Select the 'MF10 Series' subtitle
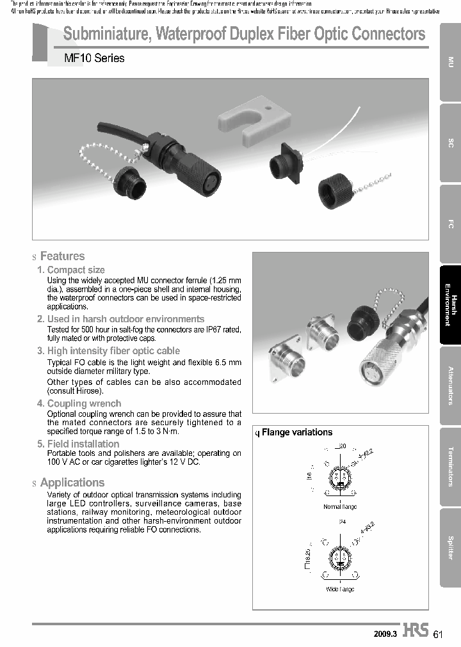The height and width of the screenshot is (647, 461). click(95, 58)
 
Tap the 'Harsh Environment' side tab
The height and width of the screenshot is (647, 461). click(450, 305)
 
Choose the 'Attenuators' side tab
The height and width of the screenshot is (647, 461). click(450, 386)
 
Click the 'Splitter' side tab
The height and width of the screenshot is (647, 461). click(450, 547)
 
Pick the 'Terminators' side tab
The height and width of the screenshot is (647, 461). click(450, 466)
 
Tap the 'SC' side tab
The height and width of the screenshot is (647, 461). click(450, 143)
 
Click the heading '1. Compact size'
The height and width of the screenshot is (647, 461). click(71, 270)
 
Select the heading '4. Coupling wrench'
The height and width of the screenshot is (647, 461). click(79, 403)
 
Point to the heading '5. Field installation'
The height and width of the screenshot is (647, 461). click(78, 444)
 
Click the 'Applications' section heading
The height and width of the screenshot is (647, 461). click(72, 483)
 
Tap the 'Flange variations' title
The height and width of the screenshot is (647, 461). click(297, 432)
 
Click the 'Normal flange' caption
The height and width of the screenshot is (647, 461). click(340, 507)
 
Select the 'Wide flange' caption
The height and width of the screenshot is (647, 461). click(340, 589)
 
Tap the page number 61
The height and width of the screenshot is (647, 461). click(438, 634)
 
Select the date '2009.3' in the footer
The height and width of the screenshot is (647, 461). click(385, 634)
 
